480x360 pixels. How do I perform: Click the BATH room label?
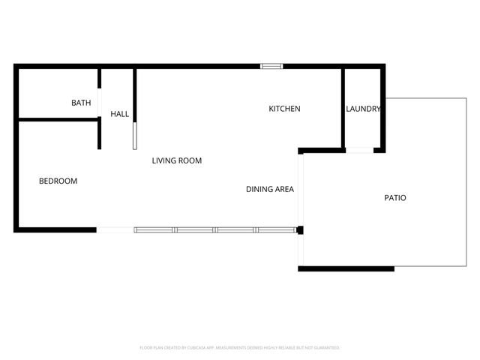point(81,103)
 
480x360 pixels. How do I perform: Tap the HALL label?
point(120,114)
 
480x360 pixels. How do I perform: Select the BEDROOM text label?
point(58,181)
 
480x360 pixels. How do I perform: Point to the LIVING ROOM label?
point(177,160)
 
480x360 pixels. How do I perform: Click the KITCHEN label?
point(284,109)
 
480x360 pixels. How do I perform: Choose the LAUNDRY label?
point(363,109)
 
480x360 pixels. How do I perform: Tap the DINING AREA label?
point(269,189)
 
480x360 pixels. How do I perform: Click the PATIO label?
point(395,198)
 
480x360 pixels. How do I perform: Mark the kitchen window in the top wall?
point(271,66)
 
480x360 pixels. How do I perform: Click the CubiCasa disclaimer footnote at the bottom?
point(240,348)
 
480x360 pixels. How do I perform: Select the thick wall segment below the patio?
point(346,268)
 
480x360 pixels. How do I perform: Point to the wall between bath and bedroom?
point(57,119)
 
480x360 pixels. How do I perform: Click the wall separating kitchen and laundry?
point(343,109)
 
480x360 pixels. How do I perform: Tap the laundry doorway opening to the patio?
point(360,151)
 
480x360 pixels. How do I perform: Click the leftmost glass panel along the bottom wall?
point(154,229)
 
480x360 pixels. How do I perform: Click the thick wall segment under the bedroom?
point(55,229)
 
